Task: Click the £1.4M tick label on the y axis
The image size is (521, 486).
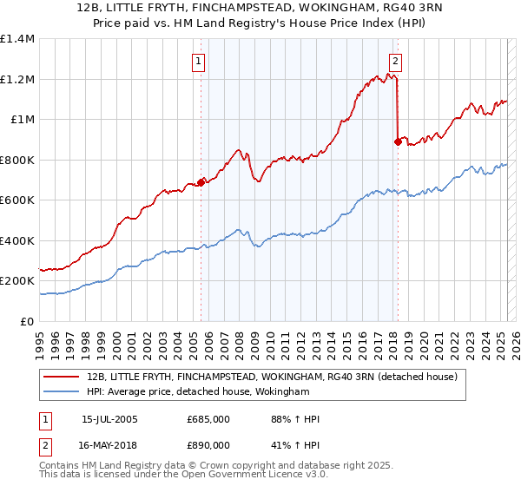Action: click(x=17, y=39)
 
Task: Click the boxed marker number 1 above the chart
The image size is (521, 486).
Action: click(x=200, y=62)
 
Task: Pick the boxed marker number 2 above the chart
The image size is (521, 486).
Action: click(x=395, y=62)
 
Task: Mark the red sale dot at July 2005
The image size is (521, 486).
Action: click(x=201, y=182)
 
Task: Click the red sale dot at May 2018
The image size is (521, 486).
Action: click(x=398, y=141)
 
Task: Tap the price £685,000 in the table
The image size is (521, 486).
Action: click(x=208, y=419)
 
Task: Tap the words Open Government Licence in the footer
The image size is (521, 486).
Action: click(x=241, y=476)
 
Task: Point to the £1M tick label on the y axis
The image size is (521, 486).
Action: click(x=22, y=120)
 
